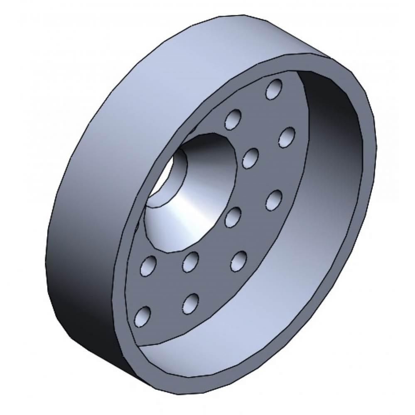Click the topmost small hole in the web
274,88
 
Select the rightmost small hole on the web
287,137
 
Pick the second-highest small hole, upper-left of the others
233,119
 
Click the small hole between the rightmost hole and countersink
250,159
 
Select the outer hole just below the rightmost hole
273,199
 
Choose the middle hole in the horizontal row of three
191,261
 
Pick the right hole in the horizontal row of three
238,260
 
